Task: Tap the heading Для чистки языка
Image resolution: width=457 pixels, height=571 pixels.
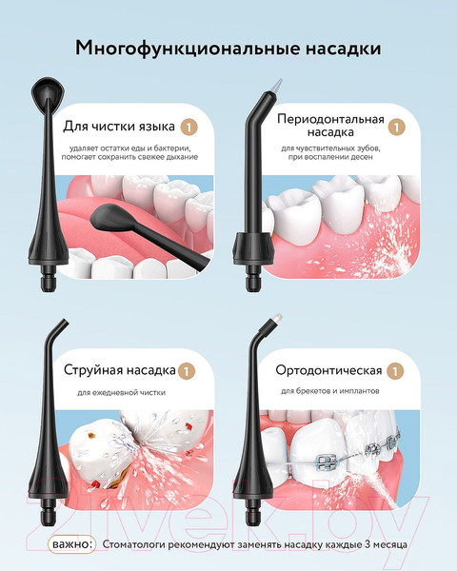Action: (119, 126)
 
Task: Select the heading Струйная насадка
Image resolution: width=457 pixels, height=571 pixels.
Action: (119, 370)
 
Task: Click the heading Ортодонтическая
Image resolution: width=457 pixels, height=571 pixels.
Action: (328, 370)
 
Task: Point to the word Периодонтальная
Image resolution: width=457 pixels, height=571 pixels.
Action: (330, 119)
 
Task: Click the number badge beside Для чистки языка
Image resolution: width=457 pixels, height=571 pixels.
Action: (189, 126)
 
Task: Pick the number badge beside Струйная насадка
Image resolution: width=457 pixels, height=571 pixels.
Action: (189, 370)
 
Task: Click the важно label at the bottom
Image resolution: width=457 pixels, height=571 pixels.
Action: (72, 543)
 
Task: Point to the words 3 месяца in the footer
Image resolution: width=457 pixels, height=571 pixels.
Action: (387, 544)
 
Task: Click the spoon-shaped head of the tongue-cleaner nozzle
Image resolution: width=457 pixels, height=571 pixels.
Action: (44, 94)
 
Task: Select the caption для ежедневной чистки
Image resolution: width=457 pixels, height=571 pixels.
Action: (119, 392)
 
